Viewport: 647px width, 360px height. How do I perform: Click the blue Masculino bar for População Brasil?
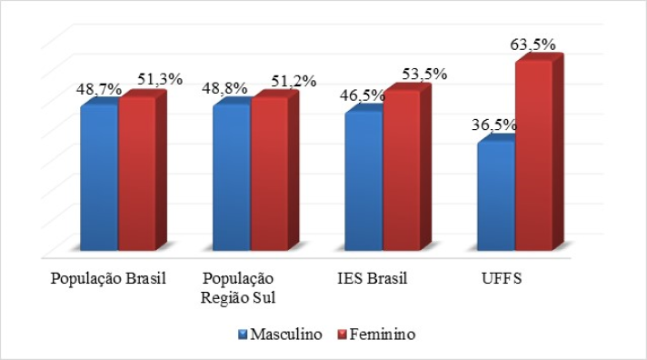(99, 177)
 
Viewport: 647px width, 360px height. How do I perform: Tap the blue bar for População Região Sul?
(232, 177)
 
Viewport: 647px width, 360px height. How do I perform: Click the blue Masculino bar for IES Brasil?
(363, 181)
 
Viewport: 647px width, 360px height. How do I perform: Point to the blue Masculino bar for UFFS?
(496, 196)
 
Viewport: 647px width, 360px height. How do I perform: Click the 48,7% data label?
(99, 89)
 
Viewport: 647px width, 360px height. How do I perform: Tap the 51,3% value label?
(160, 79)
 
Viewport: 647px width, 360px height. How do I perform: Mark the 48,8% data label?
(224, 88)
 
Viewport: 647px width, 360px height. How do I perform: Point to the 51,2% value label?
(294, 81)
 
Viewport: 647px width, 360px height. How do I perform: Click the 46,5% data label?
(363, 95)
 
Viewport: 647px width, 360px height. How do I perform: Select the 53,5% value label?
(424, 74)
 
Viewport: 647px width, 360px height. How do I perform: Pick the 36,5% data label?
(494, 125)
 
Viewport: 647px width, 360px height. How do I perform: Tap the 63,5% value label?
(533, 45)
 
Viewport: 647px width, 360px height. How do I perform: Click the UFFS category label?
(502, 278)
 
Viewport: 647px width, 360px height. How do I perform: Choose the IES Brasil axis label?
(373, 278)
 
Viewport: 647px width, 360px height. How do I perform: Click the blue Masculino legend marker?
(243, 334)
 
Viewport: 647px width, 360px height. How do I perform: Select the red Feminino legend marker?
(342, 334)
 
